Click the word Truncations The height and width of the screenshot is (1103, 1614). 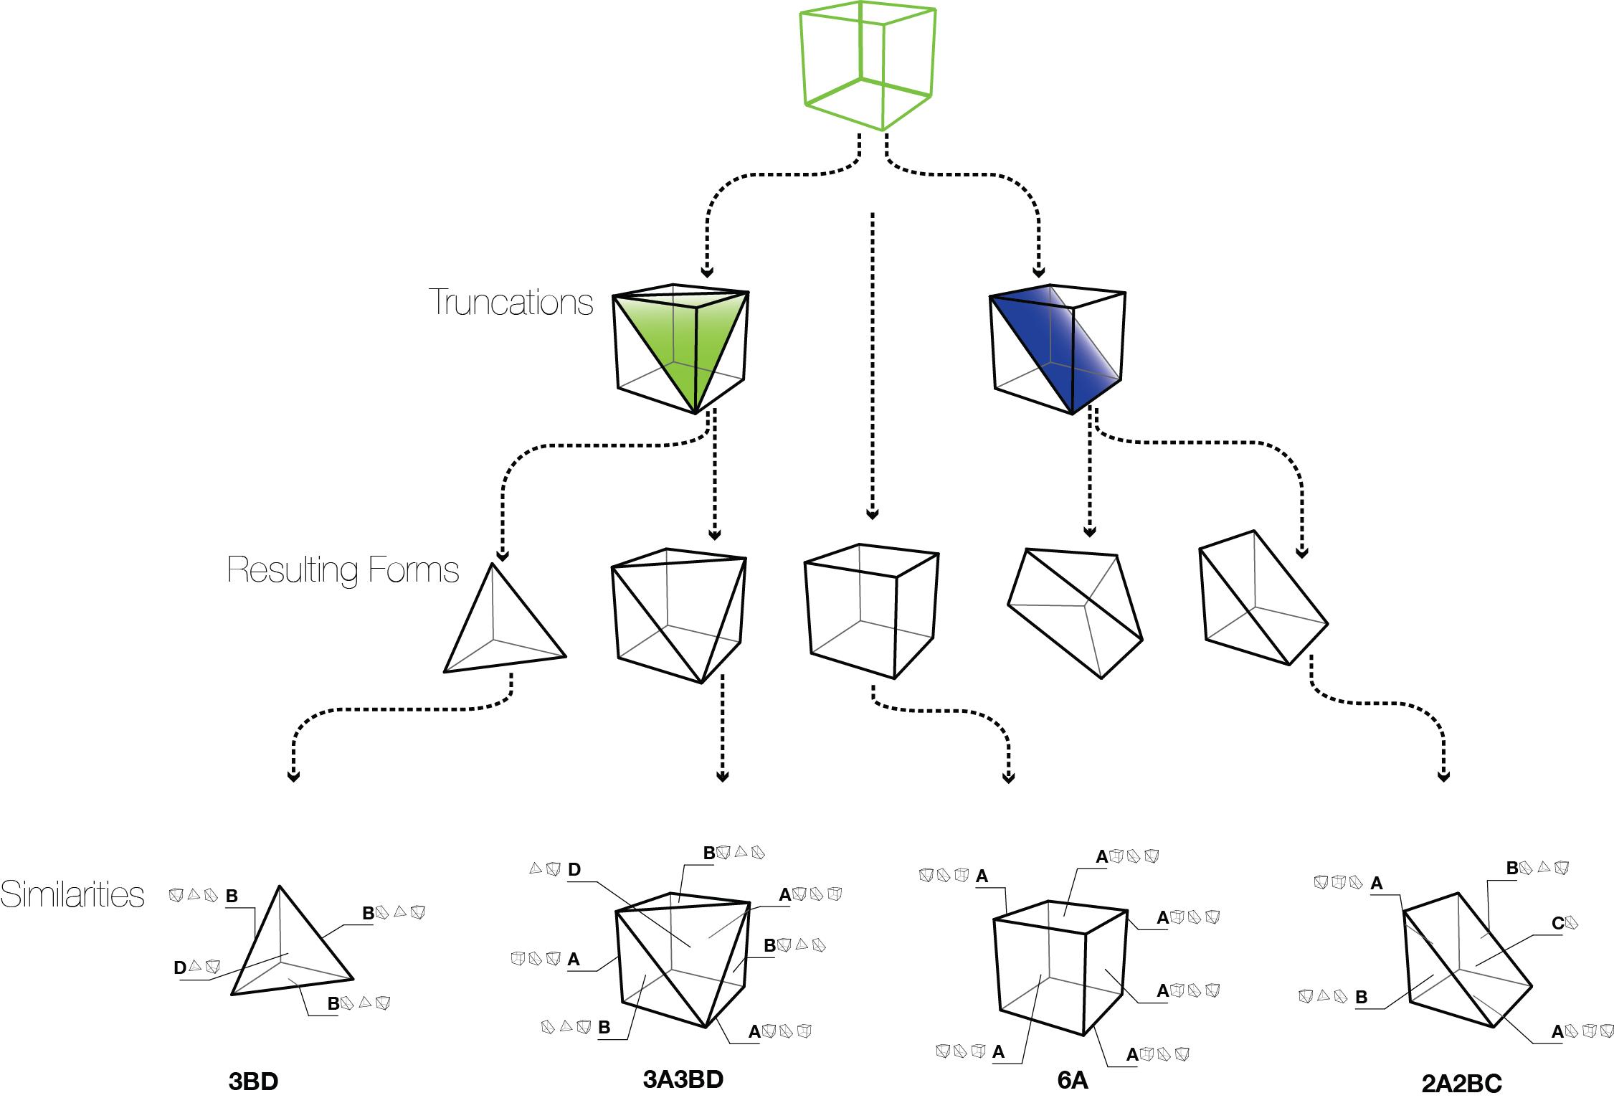point(511,302)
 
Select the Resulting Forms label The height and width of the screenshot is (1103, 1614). point(343,570)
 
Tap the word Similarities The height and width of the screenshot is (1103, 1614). point(72,894)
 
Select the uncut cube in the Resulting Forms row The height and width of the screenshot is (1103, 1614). point(872,610)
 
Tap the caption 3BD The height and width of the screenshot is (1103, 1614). point(253,1081)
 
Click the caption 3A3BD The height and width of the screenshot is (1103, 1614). point(683,1079)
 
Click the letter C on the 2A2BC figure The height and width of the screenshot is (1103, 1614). point(1557,923)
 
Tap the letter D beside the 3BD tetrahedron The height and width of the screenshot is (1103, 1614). point(180,967)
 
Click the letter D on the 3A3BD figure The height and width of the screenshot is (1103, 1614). point(574,870)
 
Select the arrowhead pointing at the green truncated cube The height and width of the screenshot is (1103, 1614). point(707,272)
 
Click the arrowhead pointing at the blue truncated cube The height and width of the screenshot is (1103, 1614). point(1038,272)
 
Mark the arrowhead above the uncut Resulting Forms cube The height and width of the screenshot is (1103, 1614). point(872,513)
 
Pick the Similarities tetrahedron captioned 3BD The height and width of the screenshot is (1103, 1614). point(290,947)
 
